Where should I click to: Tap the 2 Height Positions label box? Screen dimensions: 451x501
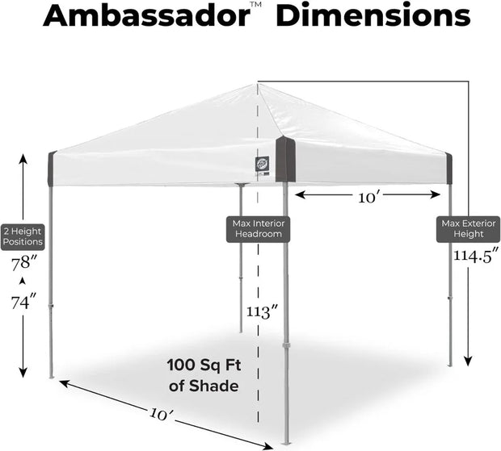pos(23,235)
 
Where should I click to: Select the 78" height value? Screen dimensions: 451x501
pos(23,264)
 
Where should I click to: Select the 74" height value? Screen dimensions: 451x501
pos(23,303)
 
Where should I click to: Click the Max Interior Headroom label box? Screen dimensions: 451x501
pos(259,228)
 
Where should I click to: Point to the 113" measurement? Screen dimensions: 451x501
pos(263,311)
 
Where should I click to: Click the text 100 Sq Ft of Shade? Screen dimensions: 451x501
pos(204,375)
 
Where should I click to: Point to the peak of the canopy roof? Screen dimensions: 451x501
pos(258,83)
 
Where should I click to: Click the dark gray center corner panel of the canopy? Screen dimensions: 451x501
pos(285,159)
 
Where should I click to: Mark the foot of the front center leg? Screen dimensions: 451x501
pos(286,443)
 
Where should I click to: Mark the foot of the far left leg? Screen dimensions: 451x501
pos(52,376)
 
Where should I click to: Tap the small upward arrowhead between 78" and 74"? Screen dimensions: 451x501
pos(23,281)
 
